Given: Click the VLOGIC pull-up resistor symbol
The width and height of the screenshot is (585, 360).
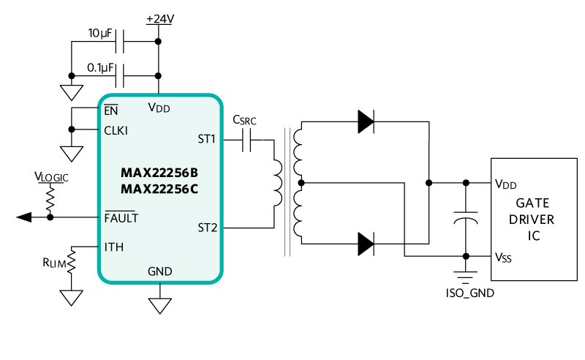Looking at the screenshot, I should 50,197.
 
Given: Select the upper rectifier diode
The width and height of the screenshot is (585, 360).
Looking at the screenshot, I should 367,122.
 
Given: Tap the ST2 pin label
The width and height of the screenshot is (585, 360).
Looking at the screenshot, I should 207,228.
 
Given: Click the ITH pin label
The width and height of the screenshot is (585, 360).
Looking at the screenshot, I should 114,247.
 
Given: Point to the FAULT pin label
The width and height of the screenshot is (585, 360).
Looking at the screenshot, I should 121,217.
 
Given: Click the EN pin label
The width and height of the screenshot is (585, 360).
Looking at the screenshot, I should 111,110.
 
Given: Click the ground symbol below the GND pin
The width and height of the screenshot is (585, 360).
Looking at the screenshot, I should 159,304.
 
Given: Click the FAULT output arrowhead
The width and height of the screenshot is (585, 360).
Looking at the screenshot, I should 23,217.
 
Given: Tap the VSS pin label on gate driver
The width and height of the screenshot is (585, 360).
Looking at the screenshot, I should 503,257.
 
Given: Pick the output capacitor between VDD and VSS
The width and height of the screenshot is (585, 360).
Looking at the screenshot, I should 466,218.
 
